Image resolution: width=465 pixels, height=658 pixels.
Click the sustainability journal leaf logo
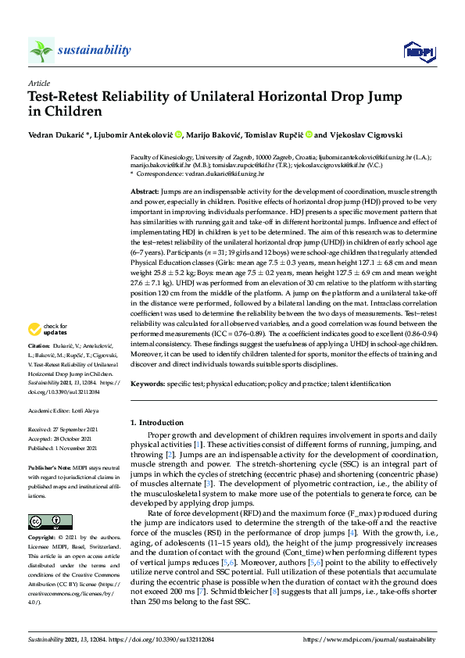[41, 52]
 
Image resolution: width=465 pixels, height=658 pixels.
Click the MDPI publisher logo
[418, 52]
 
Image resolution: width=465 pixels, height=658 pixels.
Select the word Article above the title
[39, 83]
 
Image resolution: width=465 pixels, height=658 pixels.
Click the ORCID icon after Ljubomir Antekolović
[178, 134]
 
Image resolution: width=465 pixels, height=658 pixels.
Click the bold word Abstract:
[144, 191]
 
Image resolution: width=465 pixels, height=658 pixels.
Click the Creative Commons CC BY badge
[40, 499]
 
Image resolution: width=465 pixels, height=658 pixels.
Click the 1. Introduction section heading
[156, 423]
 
